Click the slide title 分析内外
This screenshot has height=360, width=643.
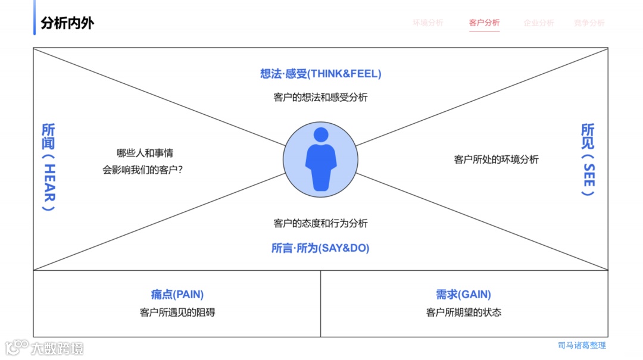(x=67, y=23)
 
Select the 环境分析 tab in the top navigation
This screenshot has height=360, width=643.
(x=427, y=23)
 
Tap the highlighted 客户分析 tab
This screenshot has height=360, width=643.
(x=484, y=23)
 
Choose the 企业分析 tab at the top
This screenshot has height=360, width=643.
(x=538, y=23)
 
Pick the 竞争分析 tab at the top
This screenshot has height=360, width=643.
(x=589, y=23)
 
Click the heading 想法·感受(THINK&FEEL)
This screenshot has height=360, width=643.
(x=320, y=74)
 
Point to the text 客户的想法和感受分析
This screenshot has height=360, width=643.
(x=320, y=97)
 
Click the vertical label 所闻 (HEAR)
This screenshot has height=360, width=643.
(x=48, y=167)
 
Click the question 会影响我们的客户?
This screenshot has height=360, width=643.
(x=142, y=170)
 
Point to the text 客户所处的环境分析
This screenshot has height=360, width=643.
(x=496, y=159)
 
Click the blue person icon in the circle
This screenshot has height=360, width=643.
(x=321, y=159)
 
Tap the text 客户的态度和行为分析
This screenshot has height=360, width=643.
(x=320, y=223)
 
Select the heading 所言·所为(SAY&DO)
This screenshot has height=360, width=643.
(x=320, y=248)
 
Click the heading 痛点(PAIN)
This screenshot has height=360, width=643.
(x=177, y=295)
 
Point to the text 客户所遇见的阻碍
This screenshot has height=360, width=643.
(x=177, y=312)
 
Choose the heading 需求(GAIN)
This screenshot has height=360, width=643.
(x=463, y=295)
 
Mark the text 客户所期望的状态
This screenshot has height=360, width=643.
(x=464, y=312)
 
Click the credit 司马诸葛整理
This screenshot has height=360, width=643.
(x=582, y=345)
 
